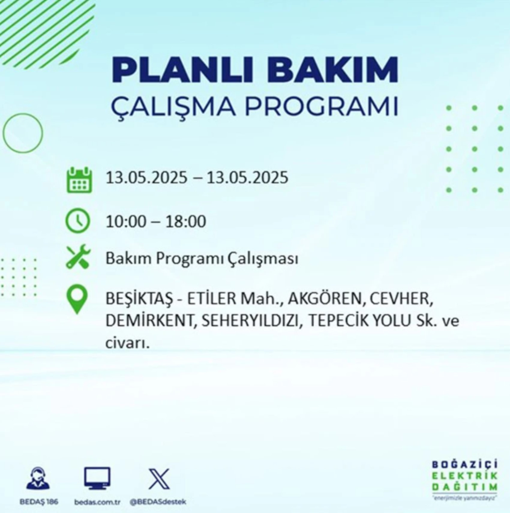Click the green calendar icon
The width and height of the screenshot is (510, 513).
(79, 180)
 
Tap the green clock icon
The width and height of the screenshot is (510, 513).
(78, 221)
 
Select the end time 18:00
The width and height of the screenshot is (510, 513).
(186, 222)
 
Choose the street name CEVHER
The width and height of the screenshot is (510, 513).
(401, 299)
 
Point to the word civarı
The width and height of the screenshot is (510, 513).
(127, 343)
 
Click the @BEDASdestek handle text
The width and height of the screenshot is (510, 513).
(158, 502)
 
